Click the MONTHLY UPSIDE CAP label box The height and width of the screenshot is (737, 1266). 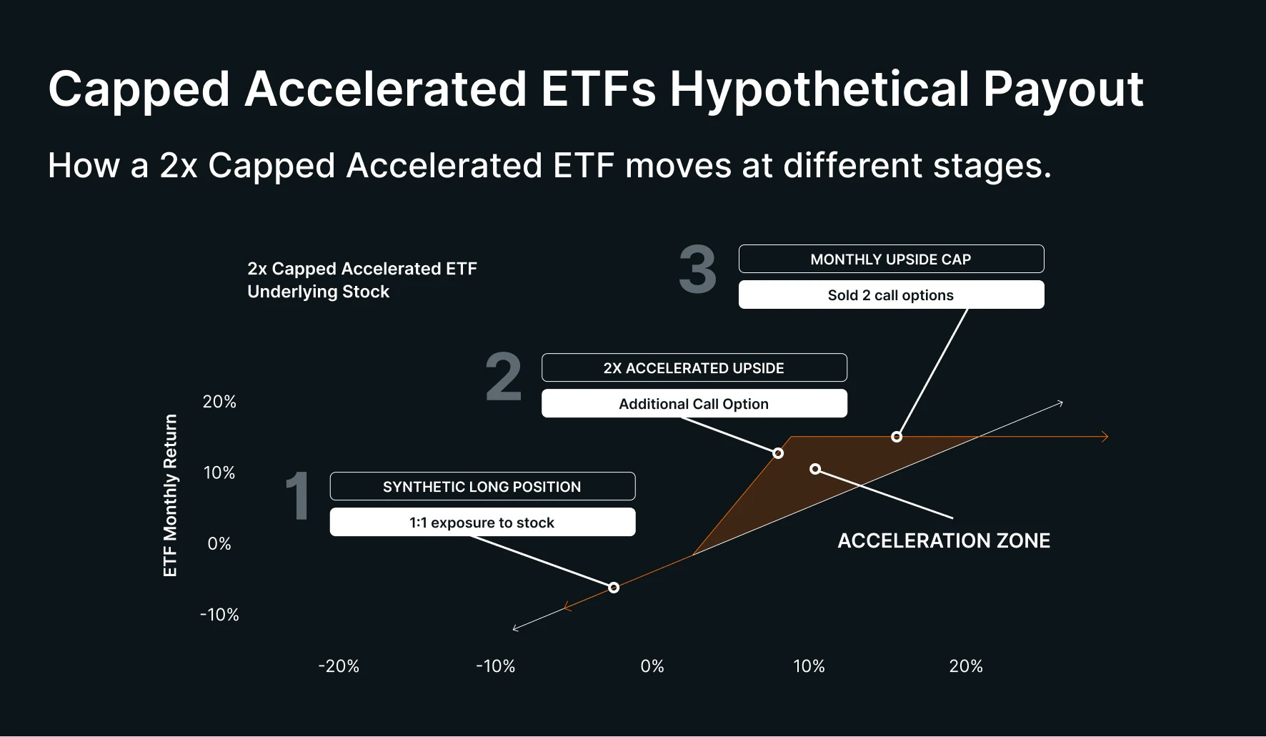point(891,259)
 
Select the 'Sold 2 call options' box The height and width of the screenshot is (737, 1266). point(891,295)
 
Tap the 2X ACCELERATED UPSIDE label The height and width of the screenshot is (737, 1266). point(694,367)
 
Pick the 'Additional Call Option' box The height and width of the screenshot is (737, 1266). point(694,403)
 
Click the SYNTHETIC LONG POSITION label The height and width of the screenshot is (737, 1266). point(482,486)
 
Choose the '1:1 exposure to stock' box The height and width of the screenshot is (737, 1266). point(482,522)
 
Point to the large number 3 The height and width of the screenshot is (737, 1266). point(697,270)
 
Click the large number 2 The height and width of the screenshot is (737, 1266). point(504,377)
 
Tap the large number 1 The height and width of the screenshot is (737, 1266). point(297,496)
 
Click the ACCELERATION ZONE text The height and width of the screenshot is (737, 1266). point(944,540)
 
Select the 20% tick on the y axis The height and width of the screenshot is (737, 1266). point(219,402)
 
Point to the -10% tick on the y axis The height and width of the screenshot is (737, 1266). point(219,614)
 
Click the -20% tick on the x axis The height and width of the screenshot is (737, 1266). point(339,666)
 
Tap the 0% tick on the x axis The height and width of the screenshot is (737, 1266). point(652,666)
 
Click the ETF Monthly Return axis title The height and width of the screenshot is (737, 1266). point(170,495)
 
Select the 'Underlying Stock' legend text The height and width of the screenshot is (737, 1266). point(319,292)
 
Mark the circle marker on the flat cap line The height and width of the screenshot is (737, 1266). point(897,437)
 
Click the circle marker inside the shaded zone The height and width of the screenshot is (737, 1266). point(815,469)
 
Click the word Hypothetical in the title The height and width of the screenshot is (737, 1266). point(819,89)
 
